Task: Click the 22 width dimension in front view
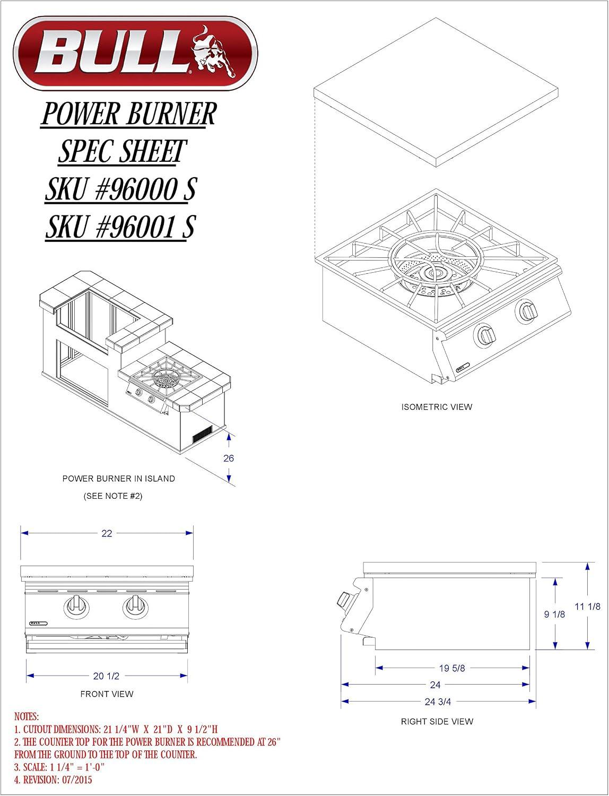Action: (x=107, y=533)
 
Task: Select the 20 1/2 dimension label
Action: (x=106, y=676)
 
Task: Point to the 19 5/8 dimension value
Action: (x=452, y=668)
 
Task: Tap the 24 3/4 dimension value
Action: (x=438, y=702)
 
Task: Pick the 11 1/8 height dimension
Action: (x=588, y=606)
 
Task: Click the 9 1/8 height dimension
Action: (x=554, y=615)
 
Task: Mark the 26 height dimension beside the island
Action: (x=228, y=458)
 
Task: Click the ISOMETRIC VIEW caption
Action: (x=437, y=407)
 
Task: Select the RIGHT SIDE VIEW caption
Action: (x=437, y=722)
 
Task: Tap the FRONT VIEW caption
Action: (x=107, y=694)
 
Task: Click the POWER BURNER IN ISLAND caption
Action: (x=118, y=479)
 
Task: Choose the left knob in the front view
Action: (x=76, y=607)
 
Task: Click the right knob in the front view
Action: (x=136, y=607)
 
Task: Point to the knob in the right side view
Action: (x=344, y=599)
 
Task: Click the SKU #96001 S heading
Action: (x=120, y=226)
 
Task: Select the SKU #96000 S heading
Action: (x=120, y=188)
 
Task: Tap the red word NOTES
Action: (x=27, y=716)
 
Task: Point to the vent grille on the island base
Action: (x=202, y=434)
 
